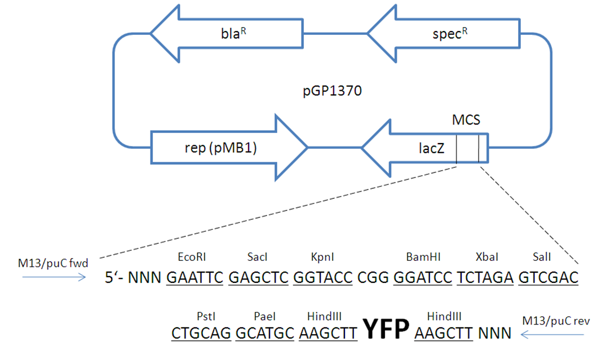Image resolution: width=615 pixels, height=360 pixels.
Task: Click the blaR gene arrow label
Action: pos(233,33)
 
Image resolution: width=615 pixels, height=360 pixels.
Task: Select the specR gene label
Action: pos(450,34)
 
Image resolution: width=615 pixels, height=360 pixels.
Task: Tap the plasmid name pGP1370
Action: pos(332,91)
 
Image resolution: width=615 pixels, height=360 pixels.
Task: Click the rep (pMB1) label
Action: pos(221,148)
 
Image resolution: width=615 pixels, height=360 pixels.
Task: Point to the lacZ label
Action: pos(431,148)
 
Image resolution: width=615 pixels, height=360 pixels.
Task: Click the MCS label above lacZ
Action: pos(466,119)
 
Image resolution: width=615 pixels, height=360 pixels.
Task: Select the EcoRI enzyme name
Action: pos(192,257)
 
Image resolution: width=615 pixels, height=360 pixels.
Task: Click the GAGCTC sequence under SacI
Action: pos(259,278)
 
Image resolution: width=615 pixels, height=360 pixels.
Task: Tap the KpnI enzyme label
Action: pos(322,257)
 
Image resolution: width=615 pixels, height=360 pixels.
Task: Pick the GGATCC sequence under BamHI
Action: pos(423,278)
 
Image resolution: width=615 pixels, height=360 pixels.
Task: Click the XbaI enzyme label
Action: pos(486,257)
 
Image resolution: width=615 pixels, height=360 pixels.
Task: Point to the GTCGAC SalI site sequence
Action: pos(548,278)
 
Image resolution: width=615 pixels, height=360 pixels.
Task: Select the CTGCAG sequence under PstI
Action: pos(201,334)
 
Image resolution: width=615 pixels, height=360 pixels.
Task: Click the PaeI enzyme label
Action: pos(265,316)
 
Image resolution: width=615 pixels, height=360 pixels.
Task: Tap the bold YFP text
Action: pos(386,328)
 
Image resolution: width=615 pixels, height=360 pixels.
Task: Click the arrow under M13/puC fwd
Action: pos(54,277)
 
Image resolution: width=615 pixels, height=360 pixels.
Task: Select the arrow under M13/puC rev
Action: pos(552,335)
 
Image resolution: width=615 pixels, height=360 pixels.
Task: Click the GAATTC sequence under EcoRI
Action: pos(195,278)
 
